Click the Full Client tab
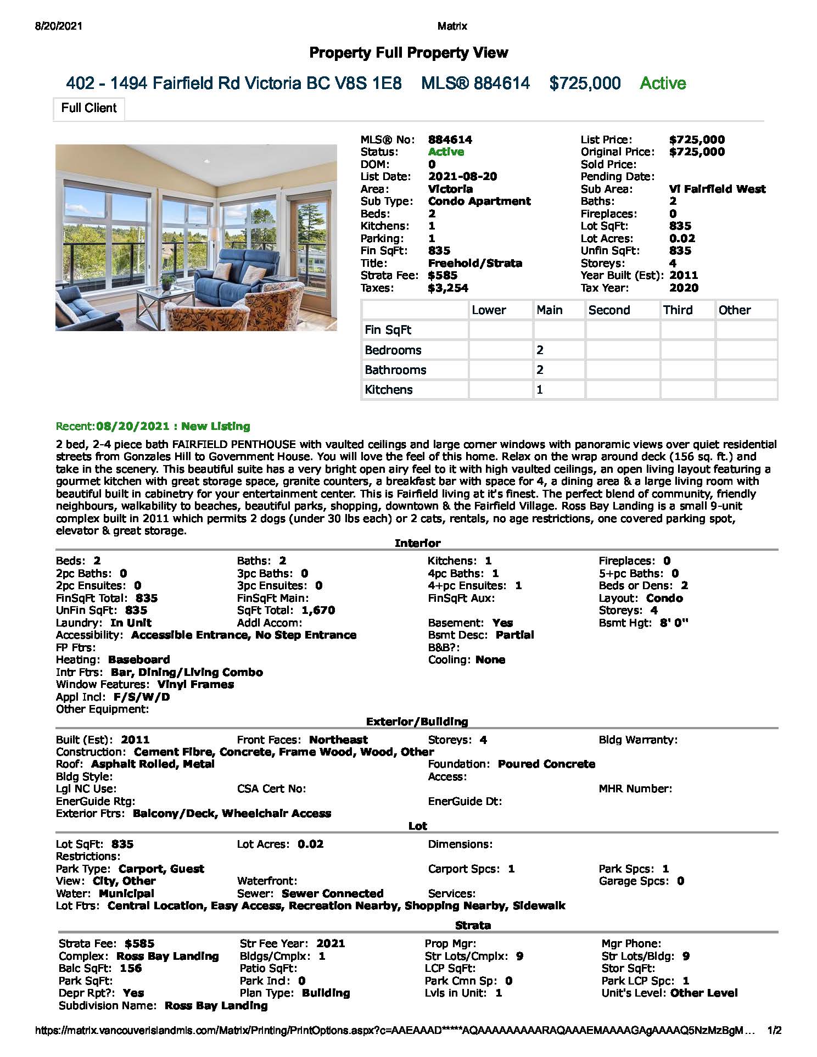pyautogui.click(x=88, y=108)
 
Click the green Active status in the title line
pyautogui.click(x=663, y=83)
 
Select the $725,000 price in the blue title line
pyautogui.click(x=585, y=83)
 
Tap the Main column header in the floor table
pyautogui.click(x=550, y=310)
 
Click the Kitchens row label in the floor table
pyautogui.click(x=389, y=390)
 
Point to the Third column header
pyautogui.click(x=678, y=310)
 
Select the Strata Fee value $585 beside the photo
pyautogui.click(x=443, y=276)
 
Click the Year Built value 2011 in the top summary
pyautogui.click(x=684, y=276)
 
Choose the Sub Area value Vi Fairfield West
pyautogui.click(x=717, y=189)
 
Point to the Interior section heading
pyautogui.click(x=417, y=544)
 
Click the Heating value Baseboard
pyautogui.click(x=139, y=660)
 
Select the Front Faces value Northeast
pyautogui.click(x=338, y=740)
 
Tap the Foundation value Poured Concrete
pyautogui.click(x=546, y=764)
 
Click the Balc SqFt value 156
pyautogui.click(x=131, y=969)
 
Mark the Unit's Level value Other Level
pyautogui.click(x=704, y=993)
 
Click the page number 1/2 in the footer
pyautogui.click(x=774, y=1031)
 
